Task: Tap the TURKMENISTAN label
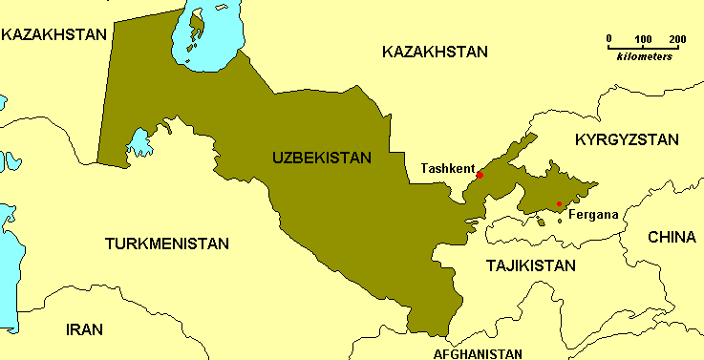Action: coord(166,244)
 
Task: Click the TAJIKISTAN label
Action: coord(530,265)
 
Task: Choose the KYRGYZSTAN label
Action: coord(627,139)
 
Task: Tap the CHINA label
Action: coord(672,237)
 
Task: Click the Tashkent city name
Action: coord(447,169)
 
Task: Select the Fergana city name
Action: coord(593,214)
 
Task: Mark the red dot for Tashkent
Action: coord(480,176)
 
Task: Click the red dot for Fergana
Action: coord(559,203)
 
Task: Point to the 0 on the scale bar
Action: coord(609,39)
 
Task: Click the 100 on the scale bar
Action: coord(643,39)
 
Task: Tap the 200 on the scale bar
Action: coord(677,39)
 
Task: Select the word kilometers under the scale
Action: coord(644,57)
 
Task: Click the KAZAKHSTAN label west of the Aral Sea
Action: coord(53,34)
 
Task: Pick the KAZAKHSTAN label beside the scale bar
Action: coord(435,52)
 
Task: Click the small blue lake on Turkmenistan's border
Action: coord(139,143)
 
